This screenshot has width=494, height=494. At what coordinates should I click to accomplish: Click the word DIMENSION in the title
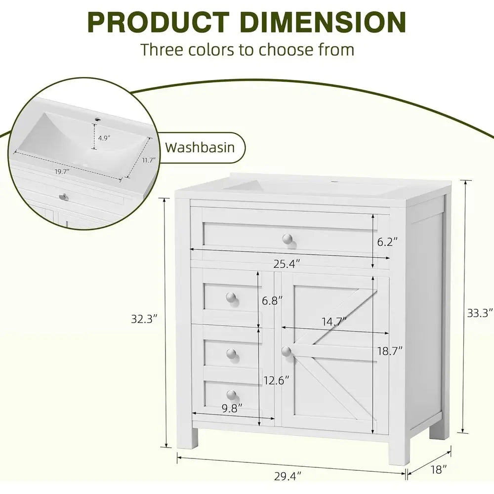click(x=325, y=22)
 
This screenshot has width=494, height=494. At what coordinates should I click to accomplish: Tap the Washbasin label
click(x=200, y=147)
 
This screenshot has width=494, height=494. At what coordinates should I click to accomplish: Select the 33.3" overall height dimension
click(x=480, y=313)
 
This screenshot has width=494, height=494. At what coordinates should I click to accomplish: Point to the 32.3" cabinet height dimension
click(x=144, y=319)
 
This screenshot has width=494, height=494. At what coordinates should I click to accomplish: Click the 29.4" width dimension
click(x=288, y=476)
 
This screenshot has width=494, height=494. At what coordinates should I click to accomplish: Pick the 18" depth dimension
click(x=439, y=470)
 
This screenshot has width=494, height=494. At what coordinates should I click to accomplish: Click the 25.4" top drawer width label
click(x=287, y=264)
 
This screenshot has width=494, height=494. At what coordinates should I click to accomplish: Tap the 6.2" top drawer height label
click(x=387, y=242)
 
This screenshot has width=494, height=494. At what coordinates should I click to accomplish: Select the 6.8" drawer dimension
click(x=272, y=300)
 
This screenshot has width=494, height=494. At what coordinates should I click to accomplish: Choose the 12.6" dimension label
click(x=276, y=380)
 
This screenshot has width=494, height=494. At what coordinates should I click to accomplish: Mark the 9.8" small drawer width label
click(x=232, y=409)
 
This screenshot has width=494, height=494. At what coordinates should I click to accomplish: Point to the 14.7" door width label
click(x=334, y=322)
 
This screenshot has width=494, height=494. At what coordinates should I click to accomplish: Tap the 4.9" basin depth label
click(x=104, y=138)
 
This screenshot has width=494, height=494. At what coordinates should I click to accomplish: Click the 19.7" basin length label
click(x=62, y=172)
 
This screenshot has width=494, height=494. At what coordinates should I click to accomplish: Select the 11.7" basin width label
click(x=148, y=160)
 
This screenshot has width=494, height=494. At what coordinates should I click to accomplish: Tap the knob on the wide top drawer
click(x=288, y=239)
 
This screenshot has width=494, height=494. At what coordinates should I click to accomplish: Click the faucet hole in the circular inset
click(x=98, y=120)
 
